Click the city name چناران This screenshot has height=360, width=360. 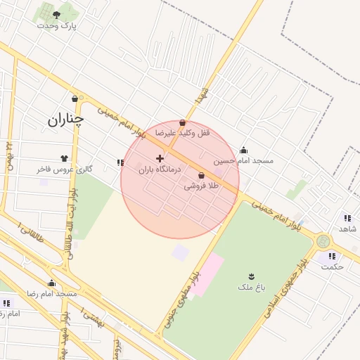tap(65, 120)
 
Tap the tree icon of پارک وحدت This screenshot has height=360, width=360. tap(56, 14)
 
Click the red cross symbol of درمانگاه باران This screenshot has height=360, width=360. tap(160, 158)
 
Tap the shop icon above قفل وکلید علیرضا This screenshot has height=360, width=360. tap(183, 122)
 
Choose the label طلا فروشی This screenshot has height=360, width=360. tap(202, 186)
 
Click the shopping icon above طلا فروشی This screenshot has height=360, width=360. tap(202, 175)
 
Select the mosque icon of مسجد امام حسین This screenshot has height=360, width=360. tap(243, 150)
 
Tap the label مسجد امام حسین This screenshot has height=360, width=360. tap(243, 161)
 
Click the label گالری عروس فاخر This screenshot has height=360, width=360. tap(65, 169)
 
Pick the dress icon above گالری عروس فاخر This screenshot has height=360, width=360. tap(65, 158)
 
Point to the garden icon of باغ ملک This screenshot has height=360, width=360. tap(251, 276)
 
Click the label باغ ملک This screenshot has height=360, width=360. tap(251, 288)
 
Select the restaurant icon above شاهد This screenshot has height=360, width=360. tap(347, 218)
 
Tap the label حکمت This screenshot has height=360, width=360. tap(332, 266)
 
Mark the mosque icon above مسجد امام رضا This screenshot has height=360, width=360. tap(51, 283)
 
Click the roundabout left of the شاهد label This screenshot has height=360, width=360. tap(323, 241)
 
